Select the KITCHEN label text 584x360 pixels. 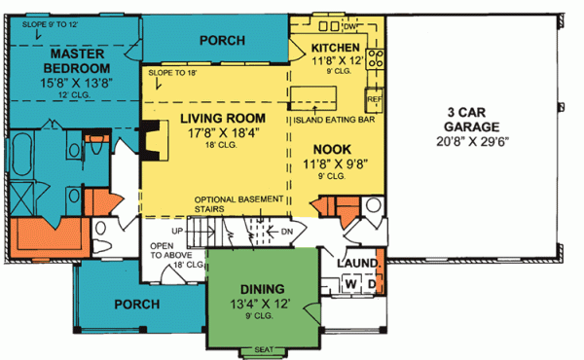coord(336,48)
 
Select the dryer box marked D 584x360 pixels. coord(370,284)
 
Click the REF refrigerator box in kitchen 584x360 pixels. coord(373,98)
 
